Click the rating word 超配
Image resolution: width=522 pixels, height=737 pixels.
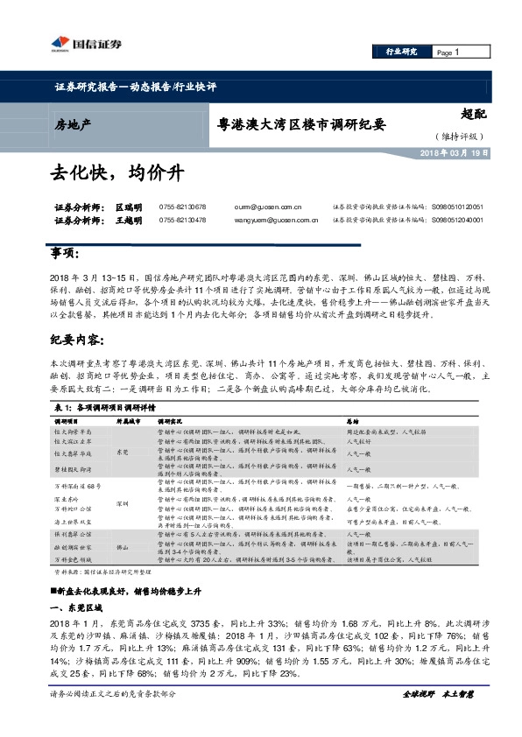click(473, 112)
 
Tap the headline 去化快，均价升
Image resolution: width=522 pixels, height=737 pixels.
click(116, 173)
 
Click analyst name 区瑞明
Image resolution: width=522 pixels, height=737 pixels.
click(128, 207)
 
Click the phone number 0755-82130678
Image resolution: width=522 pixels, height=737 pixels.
click(182, 207)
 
